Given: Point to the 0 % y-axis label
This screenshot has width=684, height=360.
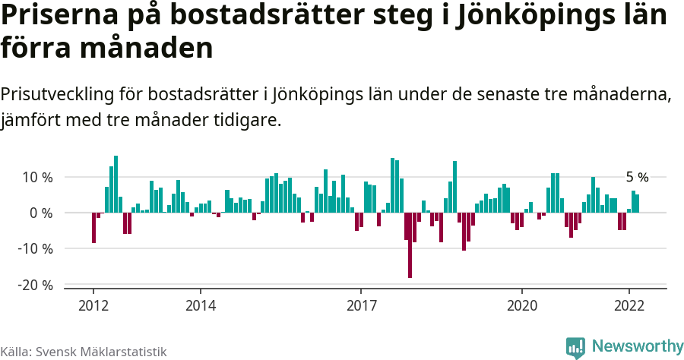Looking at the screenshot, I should pyautogui.click(x=41, y=213).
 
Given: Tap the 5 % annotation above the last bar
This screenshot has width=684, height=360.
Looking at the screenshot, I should pyautogui.click(x=637, y=177).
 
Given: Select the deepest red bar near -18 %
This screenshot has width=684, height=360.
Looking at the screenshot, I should pyautogui.click(x=410, y=245).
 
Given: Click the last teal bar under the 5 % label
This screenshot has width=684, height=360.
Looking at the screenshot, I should pyautogui.click(x=637, y=204).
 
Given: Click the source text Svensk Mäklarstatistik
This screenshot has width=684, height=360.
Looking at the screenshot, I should pyautogui.click(x=101, y=352).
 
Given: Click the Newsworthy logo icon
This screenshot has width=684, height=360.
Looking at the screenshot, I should pyautogui.click(x=575, y=348).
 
